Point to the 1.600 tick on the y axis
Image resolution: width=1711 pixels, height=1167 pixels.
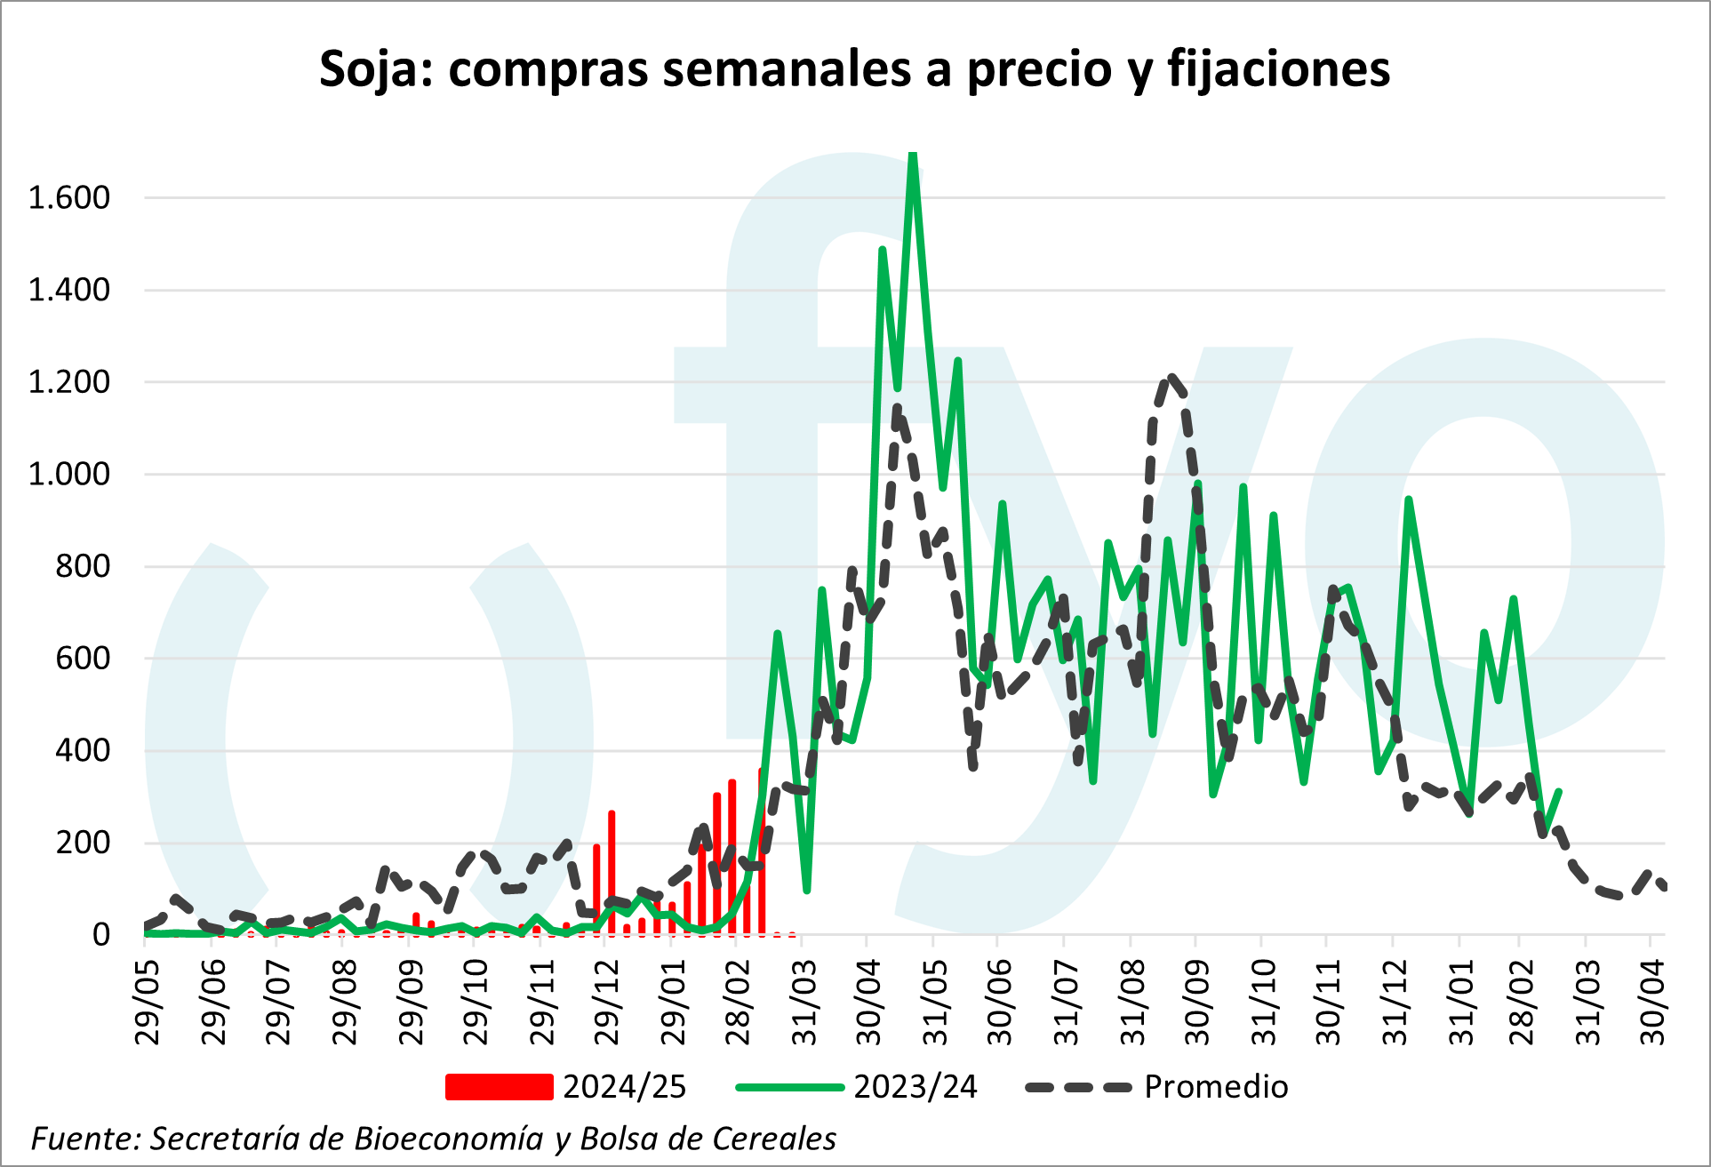(x=69, y=197)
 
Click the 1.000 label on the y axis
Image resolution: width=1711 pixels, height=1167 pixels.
(x=69, y=474)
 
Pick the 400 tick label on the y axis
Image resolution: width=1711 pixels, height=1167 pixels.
(x=83, y=750)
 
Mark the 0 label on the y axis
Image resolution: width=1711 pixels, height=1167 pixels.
(x=101, y=935)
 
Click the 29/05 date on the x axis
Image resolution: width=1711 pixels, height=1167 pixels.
(x=148, y=1003)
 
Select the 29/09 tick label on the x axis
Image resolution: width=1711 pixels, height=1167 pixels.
(x=411, y=1003)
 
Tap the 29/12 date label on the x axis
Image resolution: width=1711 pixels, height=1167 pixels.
(x=607, y=1003)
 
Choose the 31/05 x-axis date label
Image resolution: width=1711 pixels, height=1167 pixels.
(x=935, y=1003)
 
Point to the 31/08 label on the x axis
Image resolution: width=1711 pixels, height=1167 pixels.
(x=1132, y=1003)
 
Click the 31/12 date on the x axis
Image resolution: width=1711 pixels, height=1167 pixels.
(x=1395, y=1003)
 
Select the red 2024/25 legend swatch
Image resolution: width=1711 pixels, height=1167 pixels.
(x=499, y=1087)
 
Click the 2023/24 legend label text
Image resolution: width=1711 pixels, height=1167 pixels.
(x=915, y=1087)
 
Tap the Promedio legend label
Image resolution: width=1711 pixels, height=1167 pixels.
(x=1216, y=1087)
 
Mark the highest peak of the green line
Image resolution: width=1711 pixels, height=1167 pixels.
(x=913, y=156)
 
